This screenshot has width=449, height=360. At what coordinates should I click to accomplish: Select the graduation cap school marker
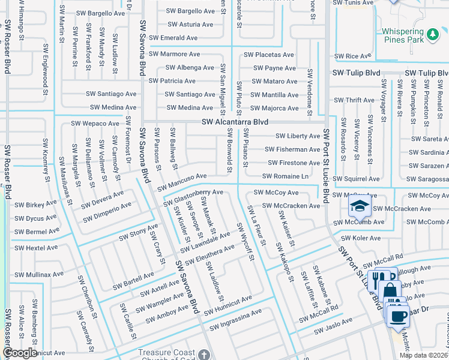click(x=359, y=208)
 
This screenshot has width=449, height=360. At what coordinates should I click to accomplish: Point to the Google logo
click(x=20, y=353)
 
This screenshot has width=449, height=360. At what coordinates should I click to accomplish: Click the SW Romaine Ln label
click(x=285, y=176)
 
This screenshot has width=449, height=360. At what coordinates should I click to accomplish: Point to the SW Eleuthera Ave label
click(x=209, y=254)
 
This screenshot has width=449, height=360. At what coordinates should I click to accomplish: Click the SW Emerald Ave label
click(x=174, y=38)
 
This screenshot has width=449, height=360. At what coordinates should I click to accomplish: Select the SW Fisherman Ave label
click(x=294, y=149)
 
